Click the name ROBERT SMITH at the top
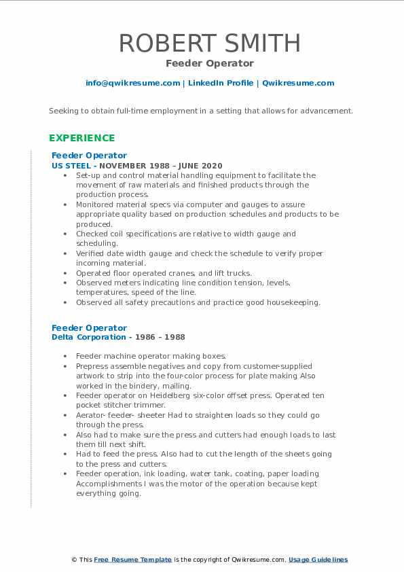coord(209,43)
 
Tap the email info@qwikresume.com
coord(132,83)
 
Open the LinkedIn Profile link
coord(221,83)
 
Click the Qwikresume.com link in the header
coord(298,83)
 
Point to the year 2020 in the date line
coord(212,166)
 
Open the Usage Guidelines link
coord(318,560)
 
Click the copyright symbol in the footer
coord(74,560)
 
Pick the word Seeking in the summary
coord(63,111)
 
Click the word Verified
coord(91,253)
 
